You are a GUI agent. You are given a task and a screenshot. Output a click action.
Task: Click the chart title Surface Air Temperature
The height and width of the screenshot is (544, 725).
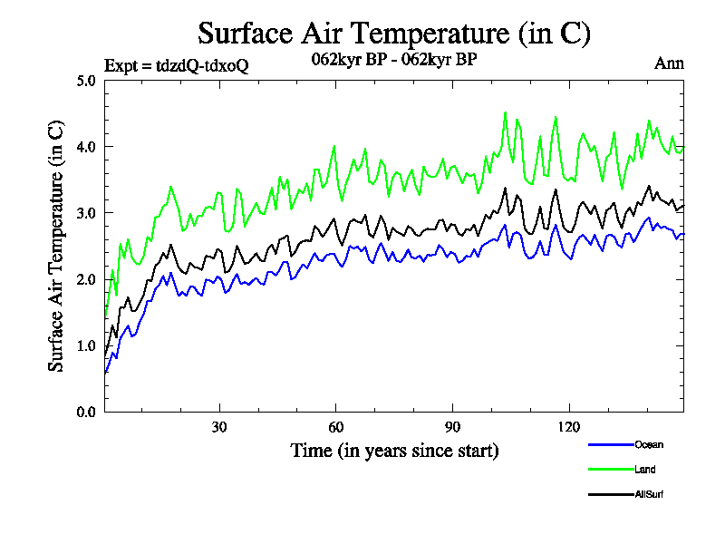[394, 34]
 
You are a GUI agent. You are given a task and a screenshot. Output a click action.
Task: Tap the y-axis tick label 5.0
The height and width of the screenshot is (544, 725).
[86, 80]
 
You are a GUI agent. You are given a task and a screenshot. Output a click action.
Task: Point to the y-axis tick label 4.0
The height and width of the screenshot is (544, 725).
[86, 146]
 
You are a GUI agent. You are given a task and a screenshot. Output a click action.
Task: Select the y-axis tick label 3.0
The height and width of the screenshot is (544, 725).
[86, 212]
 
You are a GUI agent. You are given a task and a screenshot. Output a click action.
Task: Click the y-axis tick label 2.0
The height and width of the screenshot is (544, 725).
[86, 279]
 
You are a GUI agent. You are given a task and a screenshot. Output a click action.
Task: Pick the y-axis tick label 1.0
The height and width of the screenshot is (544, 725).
[86, 345]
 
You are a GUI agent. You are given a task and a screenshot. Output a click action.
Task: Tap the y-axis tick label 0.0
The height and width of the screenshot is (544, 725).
[86, 412]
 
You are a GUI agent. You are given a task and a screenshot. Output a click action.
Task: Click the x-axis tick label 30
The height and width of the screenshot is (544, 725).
[219, 427]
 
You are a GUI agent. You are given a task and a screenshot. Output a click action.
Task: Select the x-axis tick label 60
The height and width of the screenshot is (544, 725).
[335, 427]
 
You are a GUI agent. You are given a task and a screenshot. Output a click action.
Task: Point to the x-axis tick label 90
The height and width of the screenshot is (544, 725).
[452, 427]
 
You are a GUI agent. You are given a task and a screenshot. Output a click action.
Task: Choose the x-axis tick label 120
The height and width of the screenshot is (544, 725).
[568, 427]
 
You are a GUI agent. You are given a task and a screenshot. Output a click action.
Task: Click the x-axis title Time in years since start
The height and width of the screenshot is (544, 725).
[394, 451]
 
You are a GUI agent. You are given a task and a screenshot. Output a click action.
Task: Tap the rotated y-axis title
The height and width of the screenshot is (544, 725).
[56, 246]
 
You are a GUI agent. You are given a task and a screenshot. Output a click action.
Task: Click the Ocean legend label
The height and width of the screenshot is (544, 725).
[649, 444]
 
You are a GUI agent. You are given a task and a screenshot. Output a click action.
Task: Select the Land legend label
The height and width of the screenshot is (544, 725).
[645, 470]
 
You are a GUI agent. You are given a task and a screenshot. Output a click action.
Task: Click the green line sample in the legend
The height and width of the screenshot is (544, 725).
[610, 470]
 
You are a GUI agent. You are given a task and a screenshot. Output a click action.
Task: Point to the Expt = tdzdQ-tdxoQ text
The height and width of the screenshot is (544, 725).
[176, 64]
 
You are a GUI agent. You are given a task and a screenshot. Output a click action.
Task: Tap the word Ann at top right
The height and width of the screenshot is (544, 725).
[669, 63]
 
